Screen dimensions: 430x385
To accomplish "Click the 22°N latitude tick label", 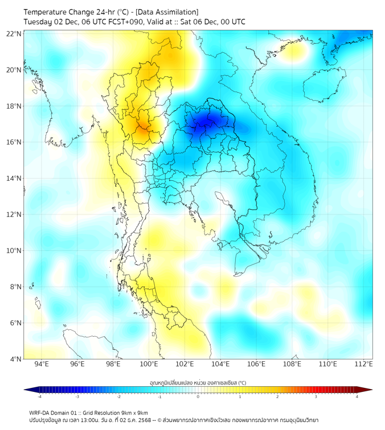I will pos(14,34).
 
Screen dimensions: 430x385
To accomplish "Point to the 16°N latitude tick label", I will pos(14,142).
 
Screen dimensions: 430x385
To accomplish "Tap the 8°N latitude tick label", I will pos(15,287).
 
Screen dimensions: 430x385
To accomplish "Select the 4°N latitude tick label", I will pos(15,359).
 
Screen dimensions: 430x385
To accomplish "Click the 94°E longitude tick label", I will pos(42,364).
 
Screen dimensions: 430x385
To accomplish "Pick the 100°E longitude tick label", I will pos(149,364).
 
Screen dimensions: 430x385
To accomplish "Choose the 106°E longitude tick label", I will pos(256,364).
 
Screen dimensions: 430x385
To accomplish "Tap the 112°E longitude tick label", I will pos(363,364).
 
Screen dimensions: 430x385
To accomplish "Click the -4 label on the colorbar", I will pos(39,396).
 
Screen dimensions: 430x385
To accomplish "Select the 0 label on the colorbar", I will pos(198,396).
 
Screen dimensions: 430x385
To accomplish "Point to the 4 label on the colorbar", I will pos(357,396).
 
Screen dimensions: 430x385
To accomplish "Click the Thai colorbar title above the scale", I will pos(198,383).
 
